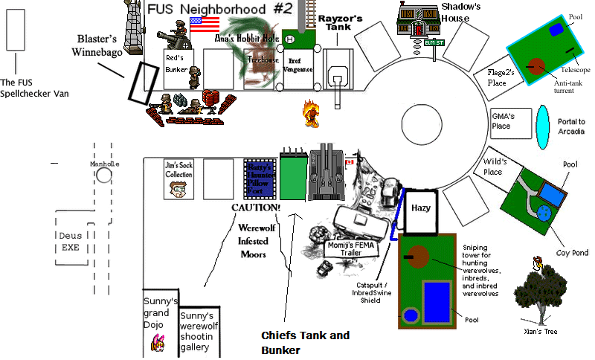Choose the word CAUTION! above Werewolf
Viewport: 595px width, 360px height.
257,208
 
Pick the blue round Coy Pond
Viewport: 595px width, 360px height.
544,213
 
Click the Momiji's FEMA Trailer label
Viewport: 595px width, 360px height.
349,248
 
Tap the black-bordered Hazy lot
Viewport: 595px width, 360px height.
421,209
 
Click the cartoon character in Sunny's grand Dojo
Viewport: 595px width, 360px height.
158,341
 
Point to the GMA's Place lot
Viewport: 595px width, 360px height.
512,120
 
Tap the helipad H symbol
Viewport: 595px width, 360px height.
289,39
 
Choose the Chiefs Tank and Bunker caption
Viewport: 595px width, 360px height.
305,343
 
